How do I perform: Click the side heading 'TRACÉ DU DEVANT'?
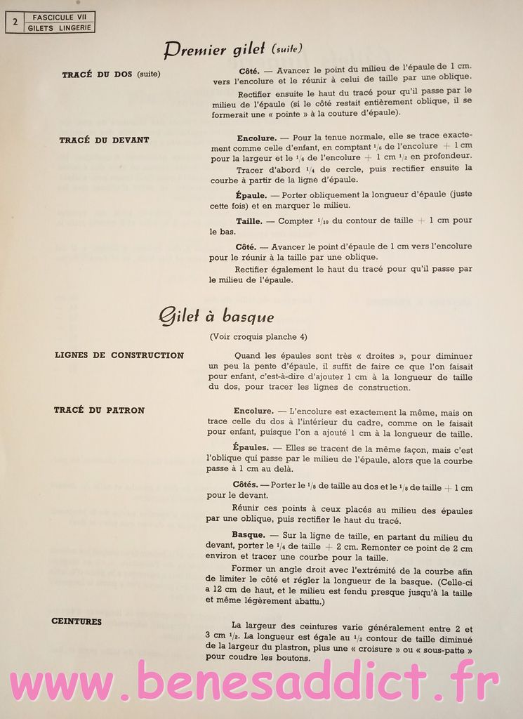105,140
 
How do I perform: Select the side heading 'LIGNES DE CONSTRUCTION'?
119,355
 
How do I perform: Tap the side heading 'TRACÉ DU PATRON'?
99,410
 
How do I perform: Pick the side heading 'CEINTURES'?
77,621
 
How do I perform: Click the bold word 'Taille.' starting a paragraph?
249,220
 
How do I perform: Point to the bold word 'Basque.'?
248,534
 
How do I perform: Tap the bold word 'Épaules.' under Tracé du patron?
250,447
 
